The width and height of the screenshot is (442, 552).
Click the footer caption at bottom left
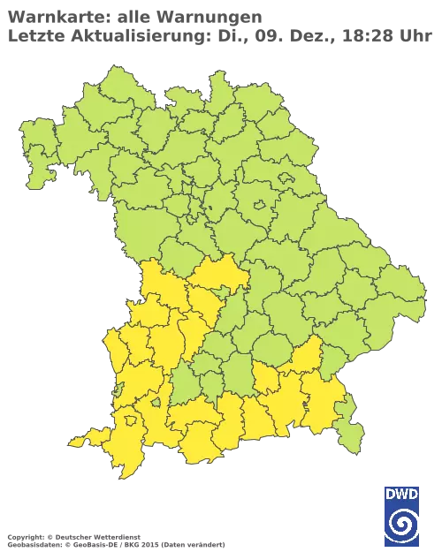click(115, 537)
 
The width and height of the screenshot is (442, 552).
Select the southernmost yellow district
click(124, 464)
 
